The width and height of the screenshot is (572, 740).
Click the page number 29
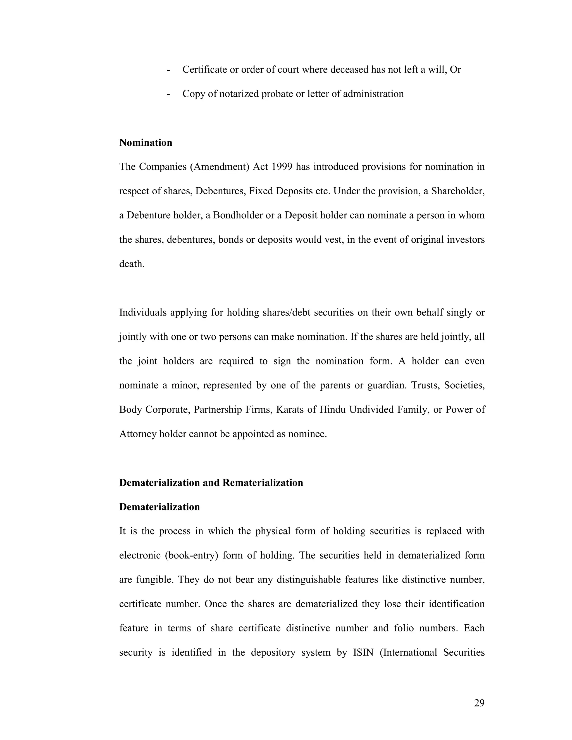tap(479, 703)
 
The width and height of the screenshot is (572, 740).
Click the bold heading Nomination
tap(146, 143)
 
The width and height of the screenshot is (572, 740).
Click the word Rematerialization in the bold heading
tap(263, 483)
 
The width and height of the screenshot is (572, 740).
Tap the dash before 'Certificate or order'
tap(168, 70)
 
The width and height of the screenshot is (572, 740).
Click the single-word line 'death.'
tap(132, 264)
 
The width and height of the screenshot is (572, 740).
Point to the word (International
tap(408, 652)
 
